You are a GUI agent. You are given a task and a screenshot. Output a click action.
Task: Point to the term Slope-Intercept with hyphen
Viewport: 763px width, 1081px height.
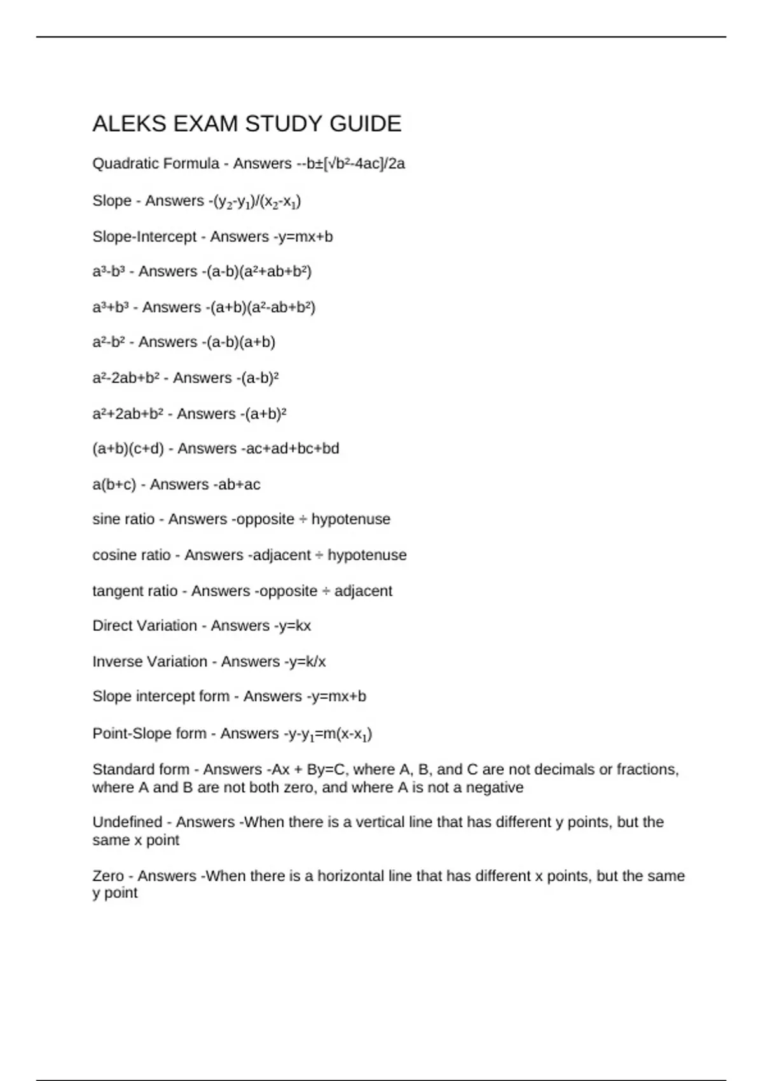click(x=144, y=237)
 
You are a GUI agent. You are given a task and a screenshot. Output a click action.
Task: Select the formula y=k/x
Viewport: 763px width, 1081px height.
click(x=306, y=661)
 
